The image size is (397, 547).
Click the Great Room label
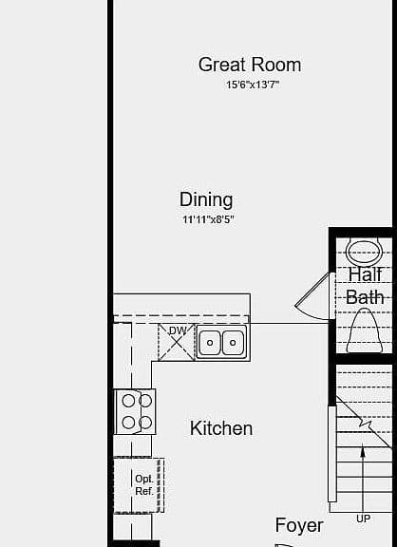[x=250, y=65]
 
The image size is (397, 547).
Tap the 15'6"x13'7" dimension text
[x=253, y=85]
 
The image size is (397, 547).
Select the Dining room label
[x=206, y=199]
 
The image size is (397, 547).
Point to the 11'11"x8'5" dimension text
[x=208, y=219]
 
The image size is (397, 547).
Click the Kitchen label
[x=221, y=428]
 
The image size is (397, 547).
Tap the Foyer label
[x=299, y=525]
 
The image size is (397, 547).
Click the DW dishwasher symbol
[x=177, y=343]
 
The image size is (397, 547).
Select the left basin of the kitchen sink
[x=210, y=343]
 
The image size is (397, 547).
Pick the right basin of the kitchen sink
[x=233, y=343]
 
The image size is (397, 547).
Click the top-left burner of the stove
[x=128, y=401]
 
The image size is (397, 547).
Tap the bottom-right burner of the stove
[x=145, y=423]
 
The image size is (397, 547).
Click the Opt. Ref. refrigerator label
[x=144, y=485]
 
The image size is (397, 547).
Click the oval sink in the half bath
[x=364, y=251]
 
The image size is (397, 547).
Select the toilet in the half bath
[x=364, y=330]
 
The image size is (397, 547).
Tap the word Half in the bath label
[x=366, y=274]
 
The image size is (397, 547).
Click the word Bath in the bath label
[x=365, y=297]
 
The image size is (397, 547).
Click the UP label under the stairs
[x=363, y=519]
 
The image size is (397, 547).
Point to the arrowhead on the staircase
[x=363, y=452]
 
